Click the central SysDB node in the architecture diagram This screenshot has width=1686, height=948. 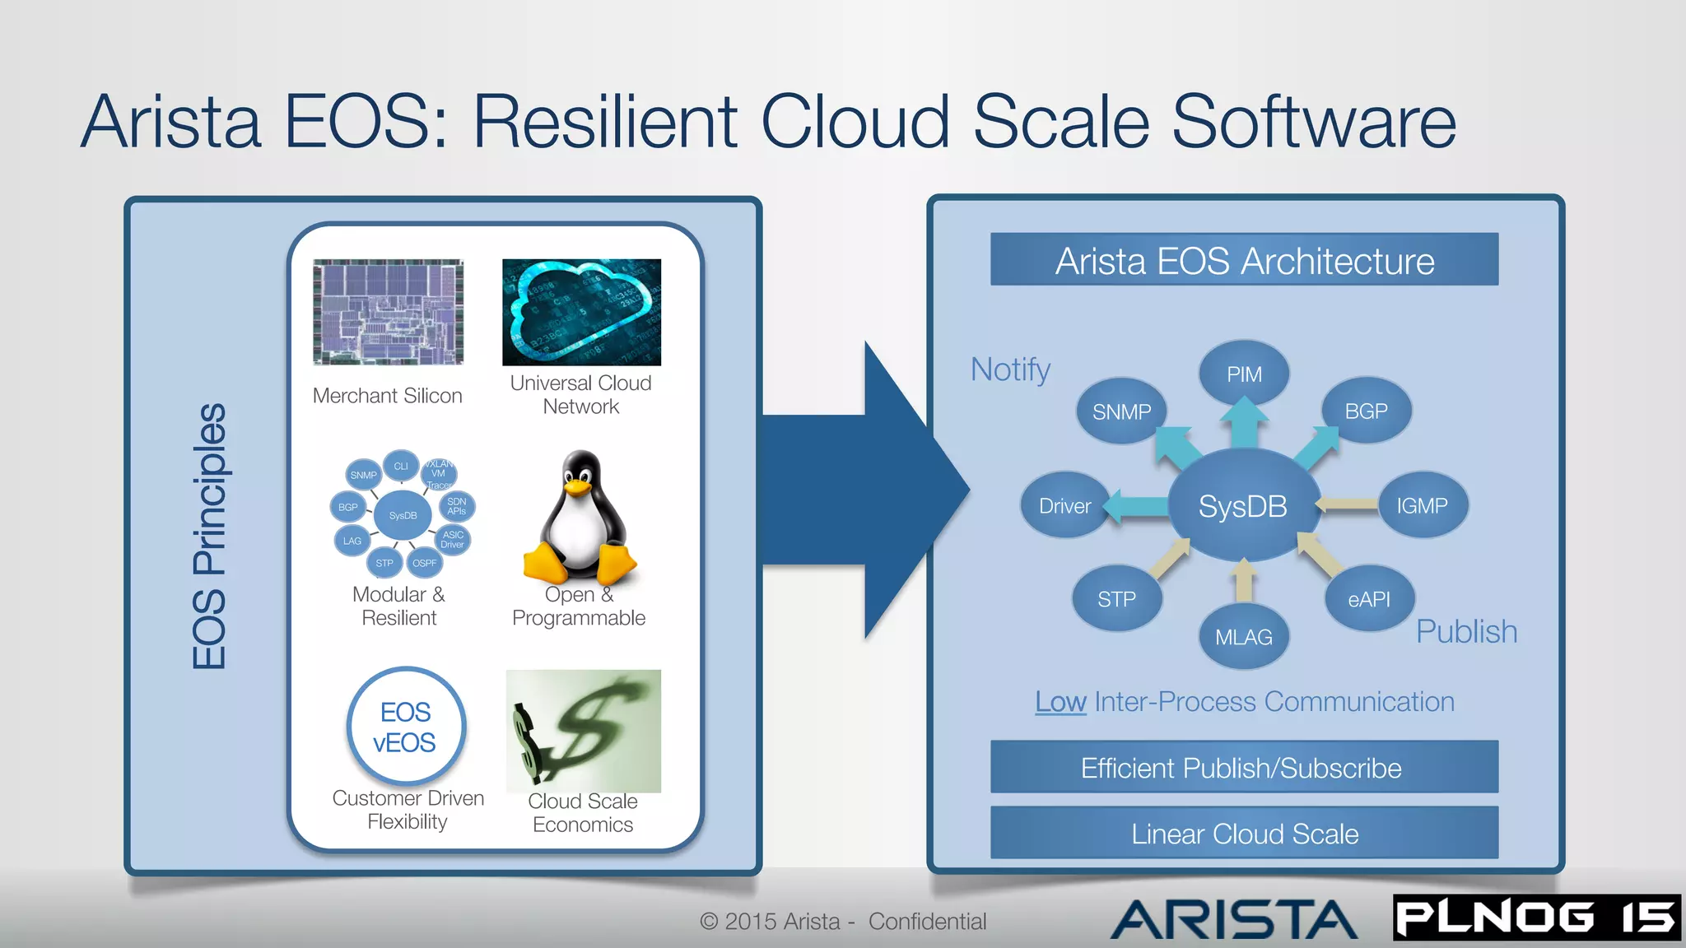point(1242,505)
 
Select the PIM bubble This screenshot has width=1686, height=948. point(1244,374)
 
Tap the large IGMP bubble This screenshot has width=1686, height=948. point(1422,505)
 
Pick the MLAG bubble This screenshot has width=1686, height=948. point(1244,637)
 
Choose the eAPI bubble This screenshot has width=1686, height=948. point(1369,599)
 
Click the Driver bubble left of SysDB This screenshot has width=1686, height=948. point(1064,505)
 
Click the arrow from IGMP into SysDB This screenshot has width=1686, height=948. point(1347,504)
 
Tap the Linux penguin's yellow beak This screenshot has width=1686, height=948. point(579,487)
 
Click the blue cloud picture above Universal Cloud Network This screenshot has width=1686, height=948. point(581,312)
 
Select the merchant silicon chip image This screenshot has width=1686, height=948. point(388,312)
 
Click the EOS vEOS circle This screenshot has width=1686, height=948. point(405,727)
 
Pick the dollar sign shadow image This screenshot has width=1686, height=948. point(583,731)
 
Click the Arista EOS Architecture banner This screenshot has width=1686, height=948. point(1244,260)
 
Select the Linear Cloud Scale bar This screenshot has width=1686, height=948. point(1244,834)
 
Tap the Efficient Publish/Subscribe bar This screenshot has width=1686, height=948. point(1244,767)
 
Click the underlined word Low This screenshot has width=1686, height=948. point(1060,702)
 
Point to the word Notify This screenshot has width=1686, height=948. point(1010,369)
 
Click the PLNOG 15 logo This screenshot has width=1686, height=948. point(1536,918)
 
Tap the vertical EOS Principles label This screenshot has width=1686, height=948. point(209,536)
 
